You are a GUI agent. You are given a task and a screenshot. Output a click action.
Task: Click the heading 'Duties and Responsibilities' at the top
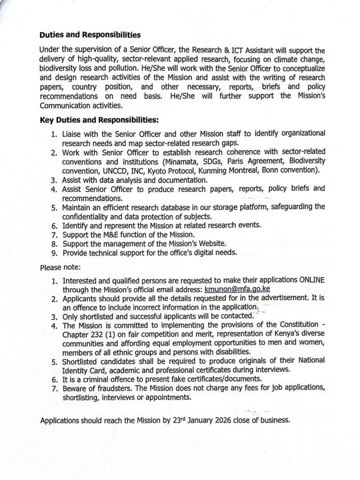(90, 35)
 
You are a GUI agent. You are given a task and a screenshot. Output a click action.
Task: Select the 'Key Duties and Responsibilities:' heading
(99, 120)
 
